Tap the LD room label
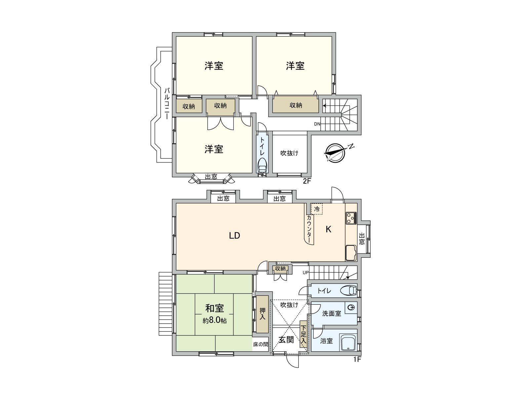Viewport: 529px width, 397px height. (234, 236)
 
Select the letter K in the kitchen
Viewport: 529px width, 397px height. (328, 229)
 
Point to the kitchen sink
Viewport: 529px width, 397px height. (351, 253)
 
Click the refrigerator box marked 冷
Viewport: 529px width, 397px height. (317, 209)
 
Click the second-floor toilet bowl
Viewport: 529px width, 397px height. (262, 164)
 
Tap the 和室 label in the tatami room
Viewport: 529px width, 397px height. (215, 308)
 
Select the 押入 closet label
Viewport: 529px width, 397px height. (263, 314)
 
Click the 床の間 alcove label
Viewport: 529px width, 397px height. (261, 344)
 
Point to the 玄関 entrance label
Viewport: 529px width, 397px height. (286, 339)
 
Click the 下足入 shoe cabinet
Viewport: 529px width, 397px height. (303, 334)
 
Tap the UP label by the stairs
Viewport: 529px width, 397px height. (305, 273)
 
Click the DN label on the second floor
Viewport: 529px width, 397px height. (317, 124)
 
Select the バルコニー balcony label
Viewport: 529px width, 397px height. (167, 104)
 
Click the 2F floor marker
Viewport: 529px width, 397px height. (307, 181)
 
